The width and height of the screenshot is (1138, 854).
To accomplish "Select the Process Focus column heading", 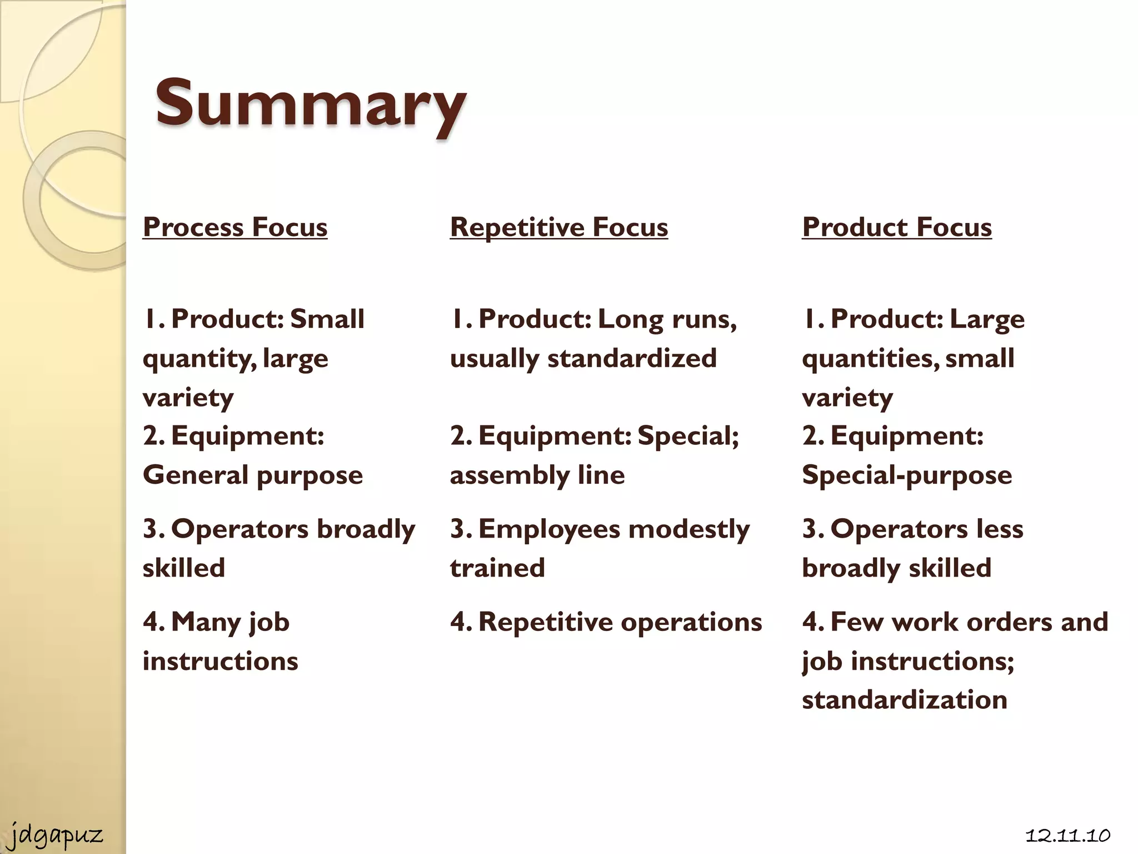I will tap(235, 227).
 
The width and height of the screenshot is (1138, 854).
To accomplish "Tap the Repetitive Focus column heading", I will tap(559, 227).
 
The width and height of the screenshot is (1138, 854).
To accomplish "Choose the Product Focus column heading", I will tap(897, 227).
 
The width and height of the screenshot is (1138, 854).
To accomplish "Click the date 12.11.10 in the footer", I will tap(1067, 835).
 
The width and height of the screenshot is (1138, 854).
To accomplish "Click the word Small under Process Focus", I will tap(327, 319).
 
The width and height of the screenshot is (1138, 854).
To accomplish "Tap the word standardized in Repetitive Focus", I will tap(632, 358).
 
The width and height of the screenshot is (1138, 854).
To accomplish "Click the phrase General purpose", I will tap(253, 475).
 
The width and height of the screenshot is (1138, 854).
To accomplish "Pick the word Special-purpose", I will tap(907, 475).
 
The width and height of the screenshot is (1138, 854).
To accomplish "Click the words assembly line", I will tap(537, 475).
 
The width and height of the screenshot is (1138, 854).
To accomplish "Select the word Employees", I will tap(549, 529).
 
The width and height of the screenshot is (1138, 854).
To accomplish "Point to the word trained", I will tap(497, 568).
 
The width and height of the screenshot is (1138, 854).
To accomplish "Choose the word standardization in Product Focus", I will tap(905, 699).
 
